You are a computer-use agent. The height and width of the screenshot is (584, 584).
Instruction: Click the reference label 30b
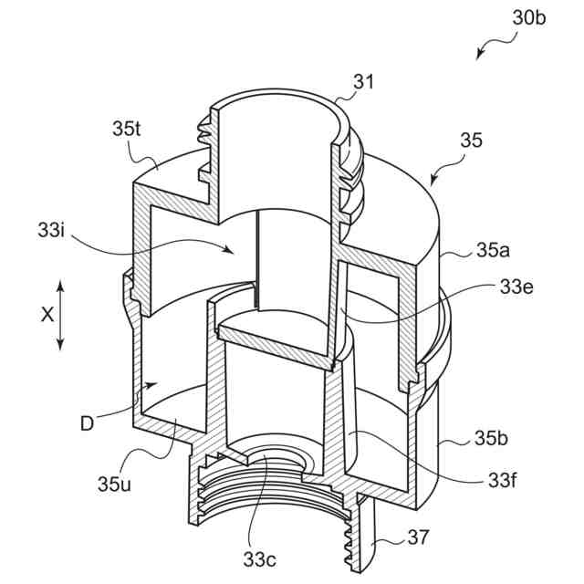[528, 17]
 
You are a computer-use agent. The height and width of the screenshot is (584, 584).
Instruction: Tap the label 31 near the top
[364, 82]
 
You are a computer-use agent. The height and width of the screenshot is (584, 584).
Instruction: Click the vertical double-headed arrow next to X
[61, 315]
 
